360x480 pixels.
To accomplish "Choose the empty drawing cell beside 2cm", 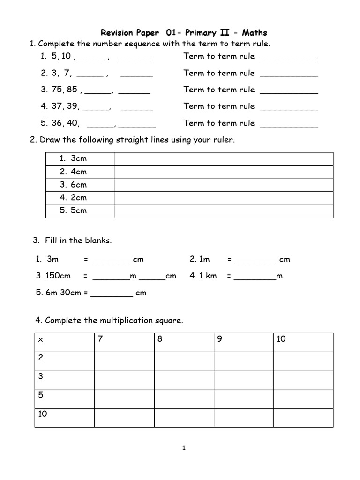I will tap(224, 198).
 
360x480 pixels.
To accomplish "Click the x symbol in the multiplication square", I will tap(40, 340).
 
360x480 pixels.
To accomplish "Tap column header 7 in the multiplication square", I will tap(100, 339).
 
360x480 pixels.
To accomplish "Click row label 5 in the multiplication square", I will tap(40, 395).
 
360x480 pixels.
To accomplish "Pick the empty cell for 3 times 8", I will tap(184, 380).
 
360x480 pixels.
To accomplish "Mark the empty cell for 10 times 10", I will tap(303, 418).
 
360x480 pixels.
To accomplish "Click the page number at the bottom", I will tap(184, 448).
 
